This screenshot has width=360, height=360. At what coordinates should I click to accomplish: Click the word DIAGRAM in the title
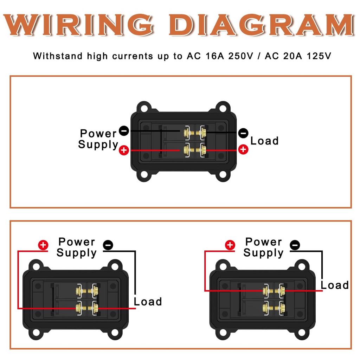[260, 25]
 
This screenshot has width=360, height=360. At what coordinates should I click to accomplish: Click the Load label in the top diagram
[264, 141]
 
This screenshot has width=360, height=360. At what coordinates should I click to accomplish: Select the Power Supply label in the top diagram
[98, 139]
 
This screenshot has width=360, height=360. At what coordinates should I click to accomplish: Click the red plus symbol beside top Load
[243, 149]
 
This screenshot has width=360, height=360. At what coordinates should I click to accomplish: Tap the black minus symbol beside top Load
[243, 133]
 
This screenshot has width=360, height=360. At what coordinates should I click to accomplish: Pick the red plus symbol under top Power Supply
[124, 150]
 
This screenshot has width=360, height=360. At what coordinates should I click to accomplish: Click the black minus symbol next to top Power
[124, 131]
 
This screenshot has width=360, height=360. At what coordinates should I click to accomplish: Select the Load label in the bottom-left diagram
[148, 302]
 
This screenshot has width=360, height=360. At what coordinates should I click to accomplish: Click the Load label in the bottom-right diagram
[335, 285]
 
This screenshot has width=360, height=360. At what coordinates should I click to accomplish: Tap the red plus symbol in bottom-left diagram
[43, 245]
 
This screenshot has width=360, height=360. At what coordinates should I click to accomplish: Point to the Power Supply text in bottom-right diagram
[263, 247]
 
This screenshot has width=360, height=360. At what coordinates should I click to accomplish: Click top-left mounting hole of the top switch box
[144, 107]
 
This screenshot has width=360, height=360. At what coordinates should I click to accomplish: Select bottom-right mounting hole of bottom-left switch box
[114, 332]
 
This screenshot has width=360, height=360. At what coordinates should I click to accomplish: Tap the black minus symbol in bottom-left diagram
[108, 245]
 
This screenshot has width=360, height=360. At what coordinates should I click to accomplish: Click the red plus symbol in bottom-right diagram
[230, 245]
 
